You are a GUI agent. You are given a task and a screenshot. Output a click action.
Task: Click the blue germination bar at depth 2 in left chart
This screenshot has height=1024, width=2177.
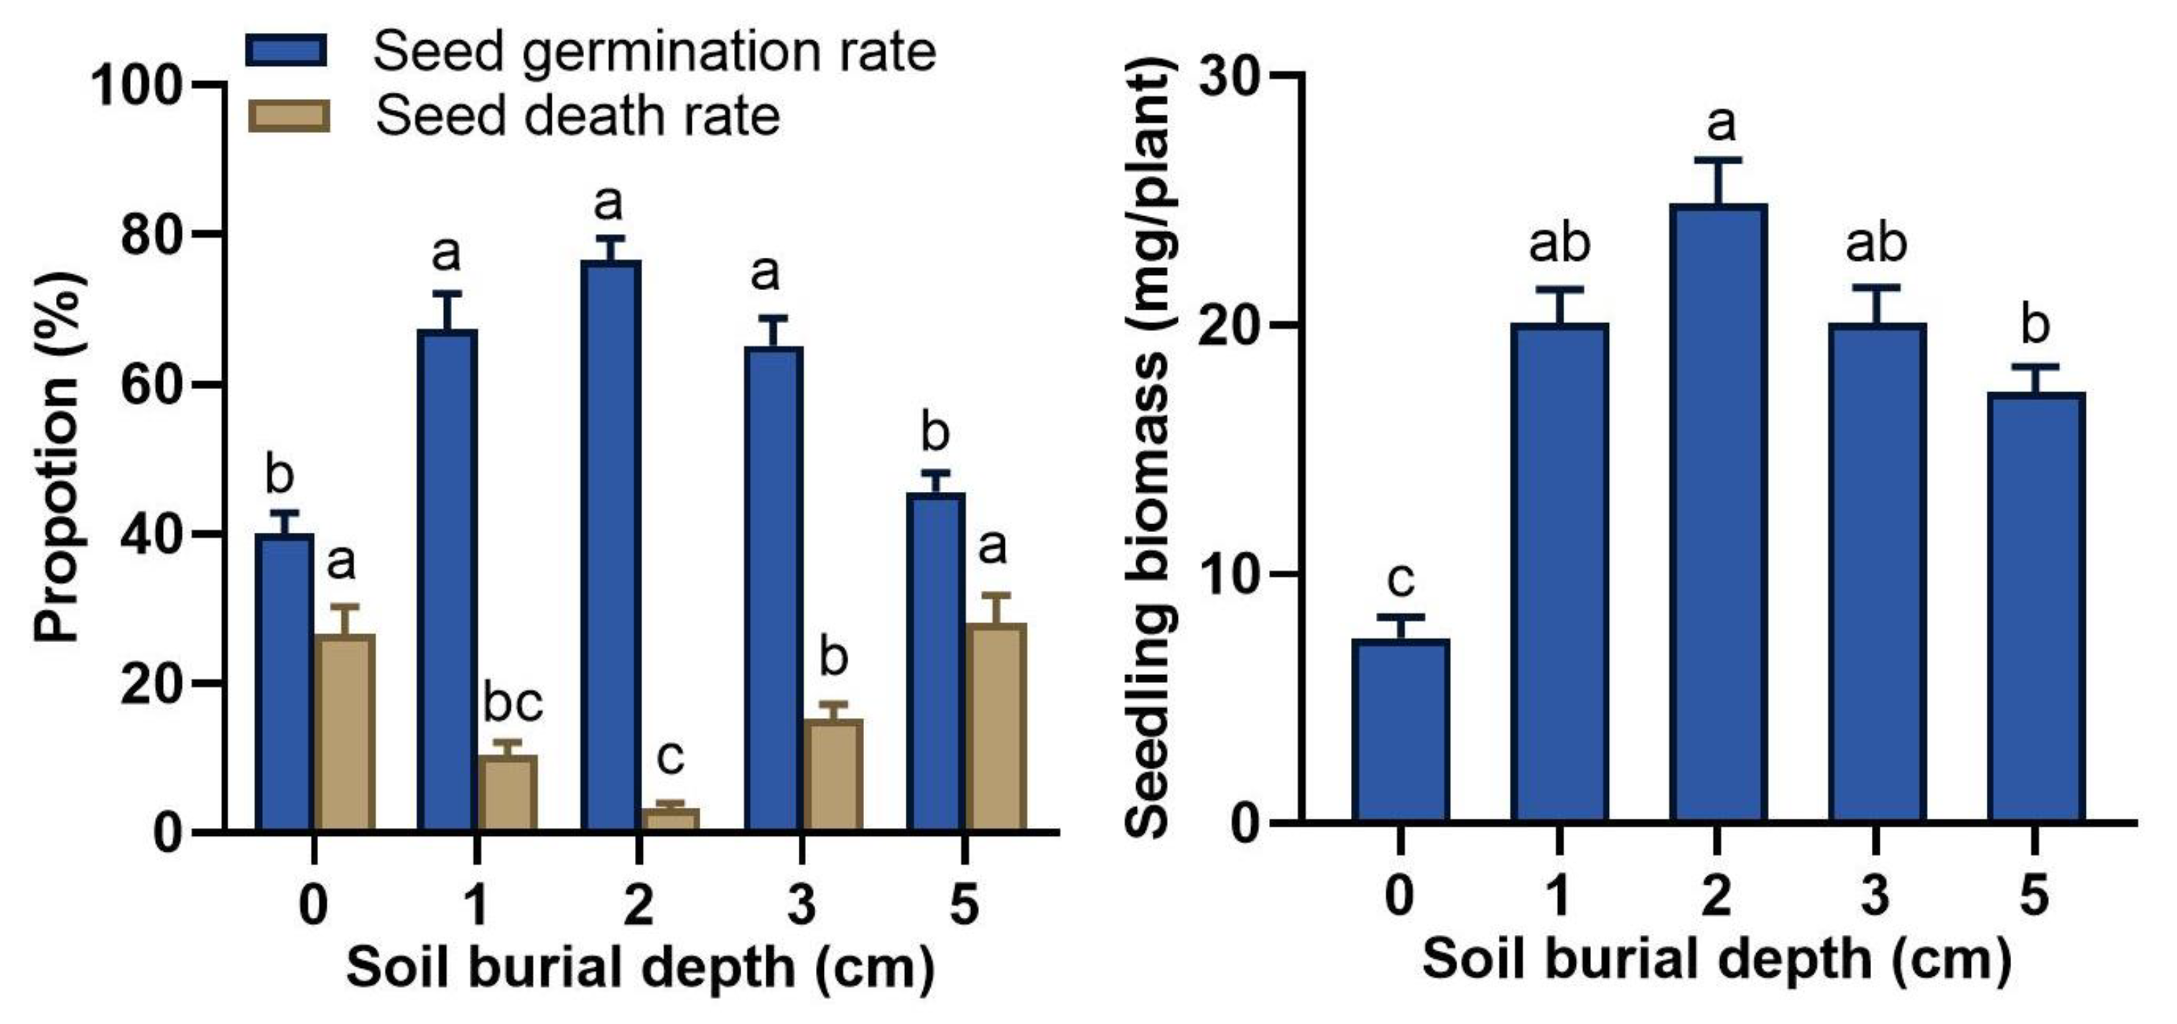click(611, 545)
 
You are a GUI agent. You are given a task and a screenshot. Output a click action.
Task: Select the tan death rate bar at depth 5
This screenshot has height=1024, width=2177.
click(996, 727)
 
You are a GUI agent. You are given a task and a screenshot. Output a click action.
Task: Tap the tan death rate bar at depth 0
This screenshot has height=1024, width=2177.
click(345, 732)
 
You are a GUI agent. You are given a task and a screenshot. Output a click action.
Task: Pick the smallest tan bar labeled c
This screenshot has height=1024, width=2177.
click(670, 819)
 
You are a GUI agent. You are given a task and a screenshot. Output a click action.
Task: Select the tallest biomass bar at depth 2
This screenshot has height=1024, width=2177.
click(1718, 513)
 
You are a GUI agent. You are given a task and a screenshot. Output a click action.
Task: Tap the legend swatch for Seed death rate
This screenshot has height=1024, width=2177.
click(288, 116)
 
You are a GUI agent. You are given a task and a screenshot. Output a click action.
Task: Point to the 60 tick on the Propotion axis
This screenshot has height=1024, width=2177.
click(152, 384)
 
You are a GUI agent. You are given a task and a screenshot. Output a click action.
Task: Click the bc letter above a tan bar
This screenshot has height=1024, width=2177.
click(512, 703)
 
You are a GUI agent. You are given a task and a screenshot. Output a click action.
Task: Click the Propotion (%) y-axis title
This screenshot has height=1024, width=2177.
click(57, 456)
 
